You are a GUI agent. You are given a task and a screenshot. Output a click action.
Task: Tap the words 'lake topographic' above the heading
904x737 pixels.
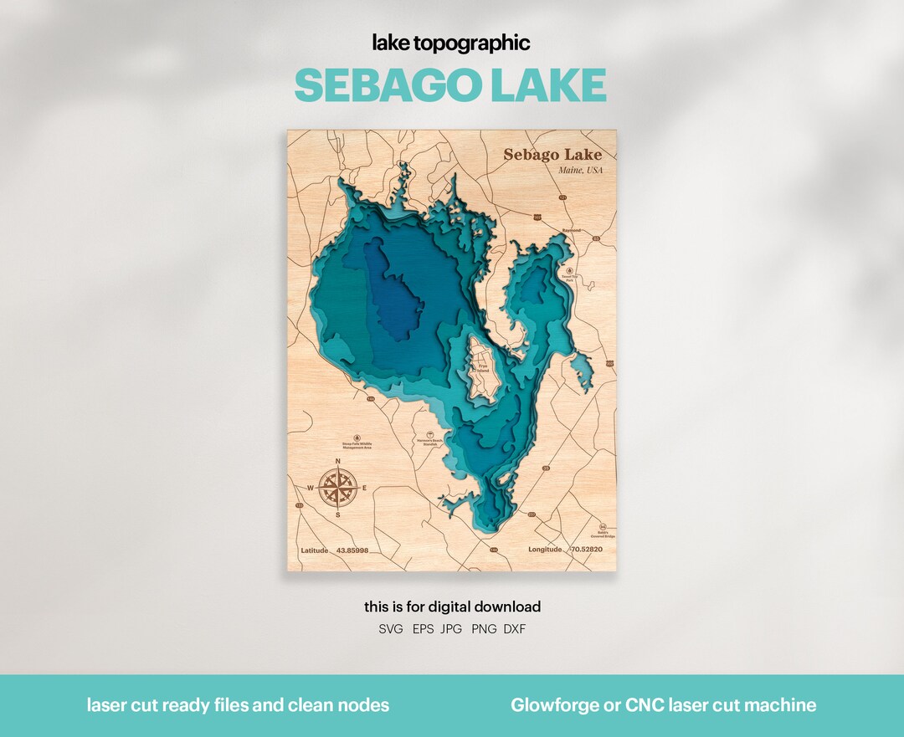451,43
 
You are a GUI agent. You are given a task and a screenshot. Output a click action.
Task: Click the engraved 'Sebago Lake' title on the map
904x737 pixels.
552,155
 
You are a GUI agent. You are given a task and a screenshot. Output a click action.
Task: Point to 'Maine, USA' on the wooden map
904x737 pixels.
580,171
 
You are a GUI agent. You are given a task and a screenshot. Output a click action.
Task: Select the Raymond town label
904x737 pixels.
572,229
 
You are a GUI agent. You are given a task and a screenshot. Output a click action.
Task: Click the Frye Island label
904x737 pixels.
482,367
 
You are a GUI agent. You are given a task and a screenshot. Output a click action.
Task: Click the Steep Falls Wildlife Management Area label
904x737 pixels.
357,447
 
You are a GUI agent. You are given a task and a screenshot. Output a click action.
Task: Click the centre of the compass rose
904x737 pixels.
338,487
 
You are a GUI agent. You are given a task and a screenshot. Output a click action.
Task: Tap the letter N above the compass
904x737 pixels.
338,462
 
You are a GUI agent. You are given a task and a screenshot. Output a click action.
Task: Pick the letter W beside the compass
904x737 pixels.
310,488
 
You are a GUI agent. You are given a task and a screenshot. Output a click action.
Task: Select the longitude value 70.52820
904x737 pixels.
587,550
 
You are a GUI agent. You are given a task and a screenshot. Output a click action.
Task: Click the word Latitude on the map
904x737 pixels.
315,550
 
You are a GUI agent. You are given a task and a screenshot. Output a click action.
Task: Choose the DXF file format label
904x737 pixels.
515,629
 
